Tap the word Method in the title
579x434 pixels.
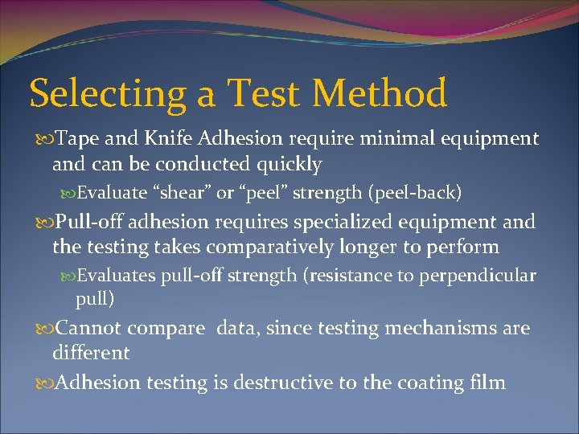click(x=379, y=93)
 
